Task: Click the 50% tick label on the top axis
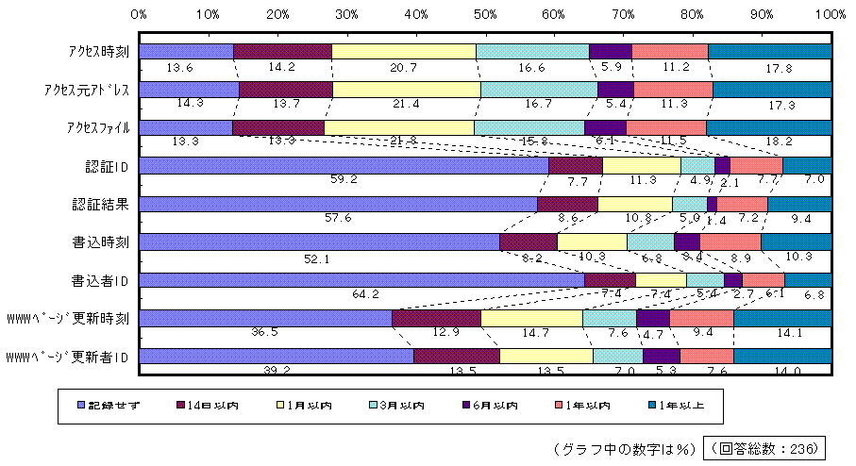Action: [485, 15]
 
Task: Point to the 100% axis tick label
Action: [831, 15]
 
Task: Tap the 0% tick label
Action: [139, 15]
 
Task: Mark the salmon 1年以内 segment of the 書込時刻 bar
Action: [730, 241]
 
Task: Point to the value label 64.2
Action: [365, 293]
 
